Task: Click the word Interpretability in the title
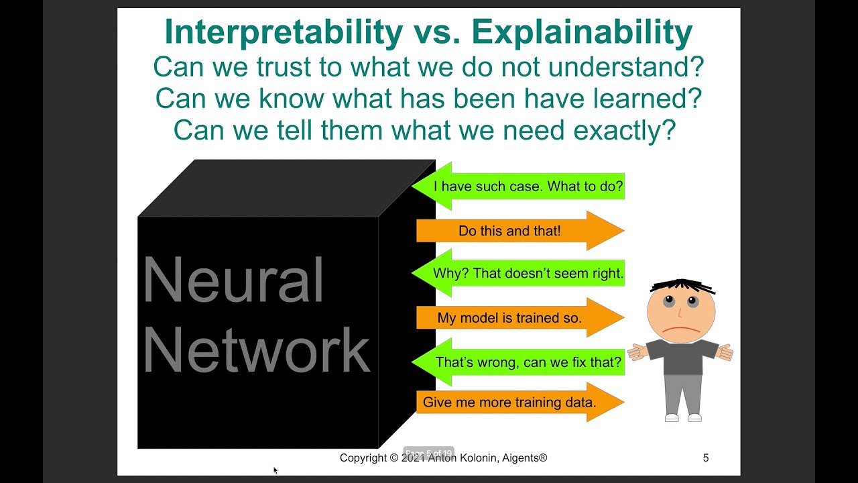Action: coord(284,33)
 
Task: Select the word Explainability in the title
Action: coord(582,33)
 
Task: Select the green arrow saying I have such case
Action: coord(518,186)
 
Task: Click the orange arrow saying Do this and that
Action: coord(520,231)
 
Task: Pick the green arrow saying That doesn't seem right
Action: coord(518,273)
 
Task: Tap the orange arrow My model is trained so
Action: coord(520,318)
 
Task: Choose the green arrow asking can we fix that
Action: coord(518,362)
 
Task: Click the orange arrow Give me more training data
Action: coord(520,402)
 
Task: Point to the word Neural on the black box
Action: coord(233,280)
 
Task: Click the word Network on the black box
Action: coord(257,350)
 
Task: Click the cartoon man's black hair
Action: coord(682,286)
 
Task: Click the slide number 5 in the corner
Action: coord(706,458)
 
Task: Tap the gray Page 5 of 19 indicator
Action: coord(428,453)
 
